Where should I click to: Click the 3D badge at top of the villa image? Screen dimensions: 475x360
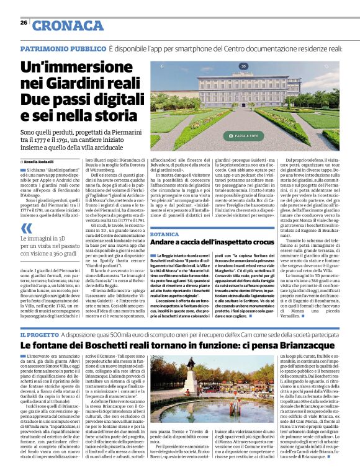(244, 65)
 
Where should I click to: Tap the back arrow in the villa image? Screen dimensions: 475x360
(162, 65)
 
